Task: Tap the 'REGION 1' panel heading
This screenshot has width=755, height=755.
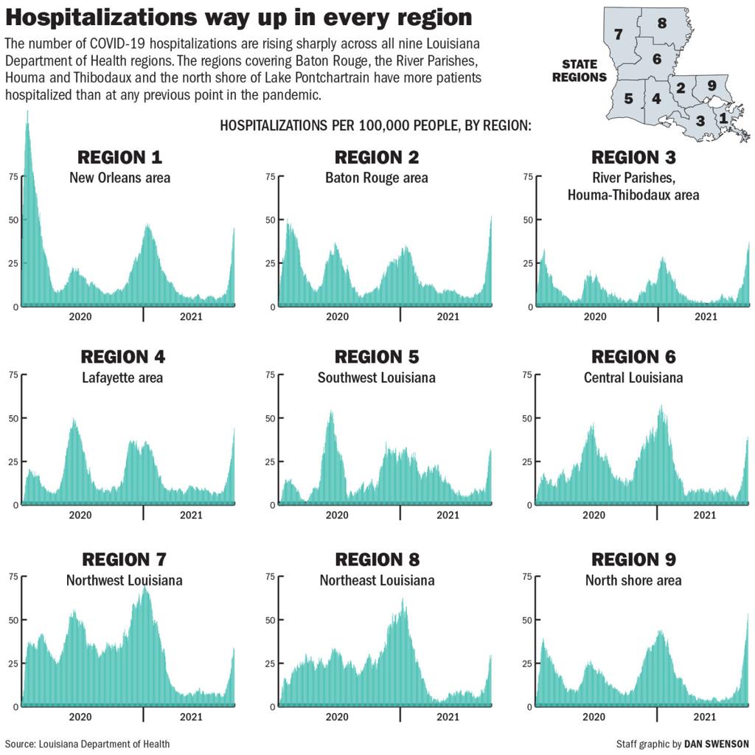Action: [x=119, y=157]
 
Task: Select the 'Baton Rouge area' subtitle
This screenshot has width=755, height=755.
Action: [x=376, y=178]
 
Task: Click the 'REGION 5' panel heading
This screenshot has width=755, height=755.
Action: [x=376, y=357]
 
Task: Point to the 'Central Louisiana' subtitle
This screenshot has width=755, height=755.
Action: [x=633, y=377]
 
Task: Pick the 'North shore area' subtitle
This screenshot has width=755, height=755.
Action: [x=633, y=580]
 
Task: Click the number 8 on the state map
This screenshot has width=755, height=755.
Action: [x=661, y=23]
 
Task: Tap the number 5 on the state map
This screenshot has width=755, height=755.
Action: [x=628, y=98]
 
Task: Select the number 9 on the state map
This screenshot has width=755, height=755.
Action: [x=711, y=86]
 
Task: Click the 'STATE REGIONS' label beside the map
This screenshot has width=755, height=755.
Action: [x=580, y=71]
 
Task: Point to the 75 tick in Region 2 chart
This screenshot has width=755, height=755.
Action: [x=270, y=176]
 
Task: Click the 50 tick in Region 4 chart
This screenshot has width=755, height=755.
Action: [x=13, y=418]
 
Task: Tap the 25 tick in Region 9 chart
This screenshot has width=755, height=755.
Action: [x=526, y=663]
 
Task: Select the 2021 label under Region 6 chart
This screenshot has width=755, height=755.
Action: [x=705, y=515]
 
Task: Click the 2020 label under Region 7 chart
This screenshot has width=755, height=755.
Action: [x=80, y=717]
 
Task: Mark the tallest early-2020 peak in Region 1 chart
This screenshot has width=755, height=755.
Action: [x=27, y=113]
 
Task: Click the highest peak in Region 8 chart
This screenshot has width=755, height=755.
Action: [x=403, y=599]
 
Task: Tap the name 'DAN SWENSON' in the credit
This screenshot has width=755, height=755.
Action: [x=716, y=744]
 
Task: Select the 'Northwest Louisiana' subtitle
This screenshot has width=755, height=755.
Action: [x=124, y=580]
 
